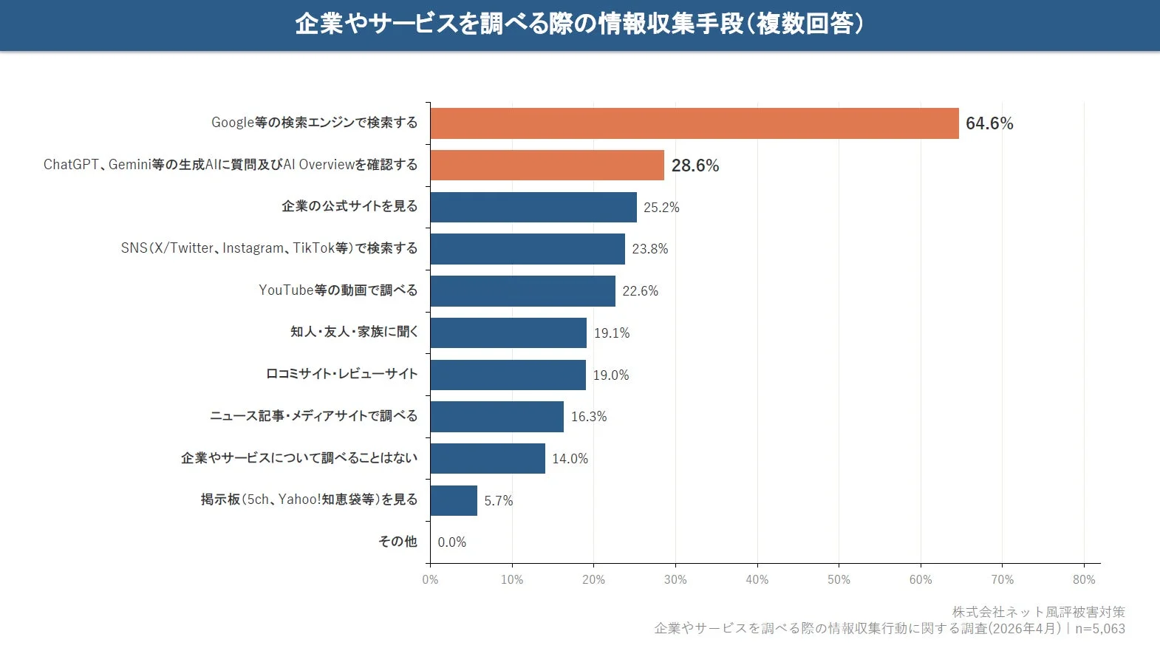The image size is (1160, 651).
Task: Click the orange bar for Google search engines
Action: click(x=694, y=123)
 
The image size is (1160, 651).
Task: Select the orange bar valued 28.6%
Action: click(x=547, y=166)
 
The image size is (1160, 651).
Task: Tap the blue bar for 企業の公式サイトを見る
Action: click(x=533, y=207)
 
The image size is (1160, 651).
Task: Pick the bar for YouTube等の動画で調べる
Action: click(x=522, y=291)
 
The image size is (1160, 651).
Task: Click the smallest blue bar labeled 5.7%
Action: click(x=454, y=501)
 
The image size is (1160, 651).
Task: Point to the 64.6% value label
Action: click(x=989, y=123)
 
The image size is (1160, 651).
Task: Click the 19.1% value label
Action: click(x=611, y=333)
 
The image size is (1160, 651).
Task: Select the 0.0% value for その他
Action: click(x=451, y=542)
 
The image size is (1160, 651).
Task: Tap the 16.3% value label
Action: click(x=588, y=417)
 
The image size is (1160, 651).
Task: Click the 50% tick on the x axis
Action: click(x=839, y=580)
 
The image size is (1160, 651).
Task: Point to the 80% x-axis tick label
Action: click(x=1083, y=580)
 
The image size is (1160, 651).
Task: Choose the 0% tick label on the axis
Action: click(x=430, y=580)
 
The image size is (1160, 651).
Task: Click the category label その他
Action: click(x=398, y=542)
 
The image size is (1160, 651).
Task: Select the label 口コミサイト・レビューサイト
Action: click(x=341, y=374)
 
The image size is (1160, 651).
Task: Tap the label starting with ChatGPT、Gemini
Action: click(x=230, y=165)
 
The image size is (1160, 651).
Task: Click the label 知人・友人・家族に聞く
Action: click(x=354, y=332)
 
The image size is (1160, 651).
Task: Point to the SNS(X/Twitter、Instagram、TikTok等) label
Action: click(x=269, y=248)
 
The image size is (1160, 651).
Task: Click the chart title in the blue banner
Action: click(x=579, y=24)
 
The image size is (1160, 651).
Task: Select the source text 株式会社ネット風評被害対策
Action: click(x=1038, y=612)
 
